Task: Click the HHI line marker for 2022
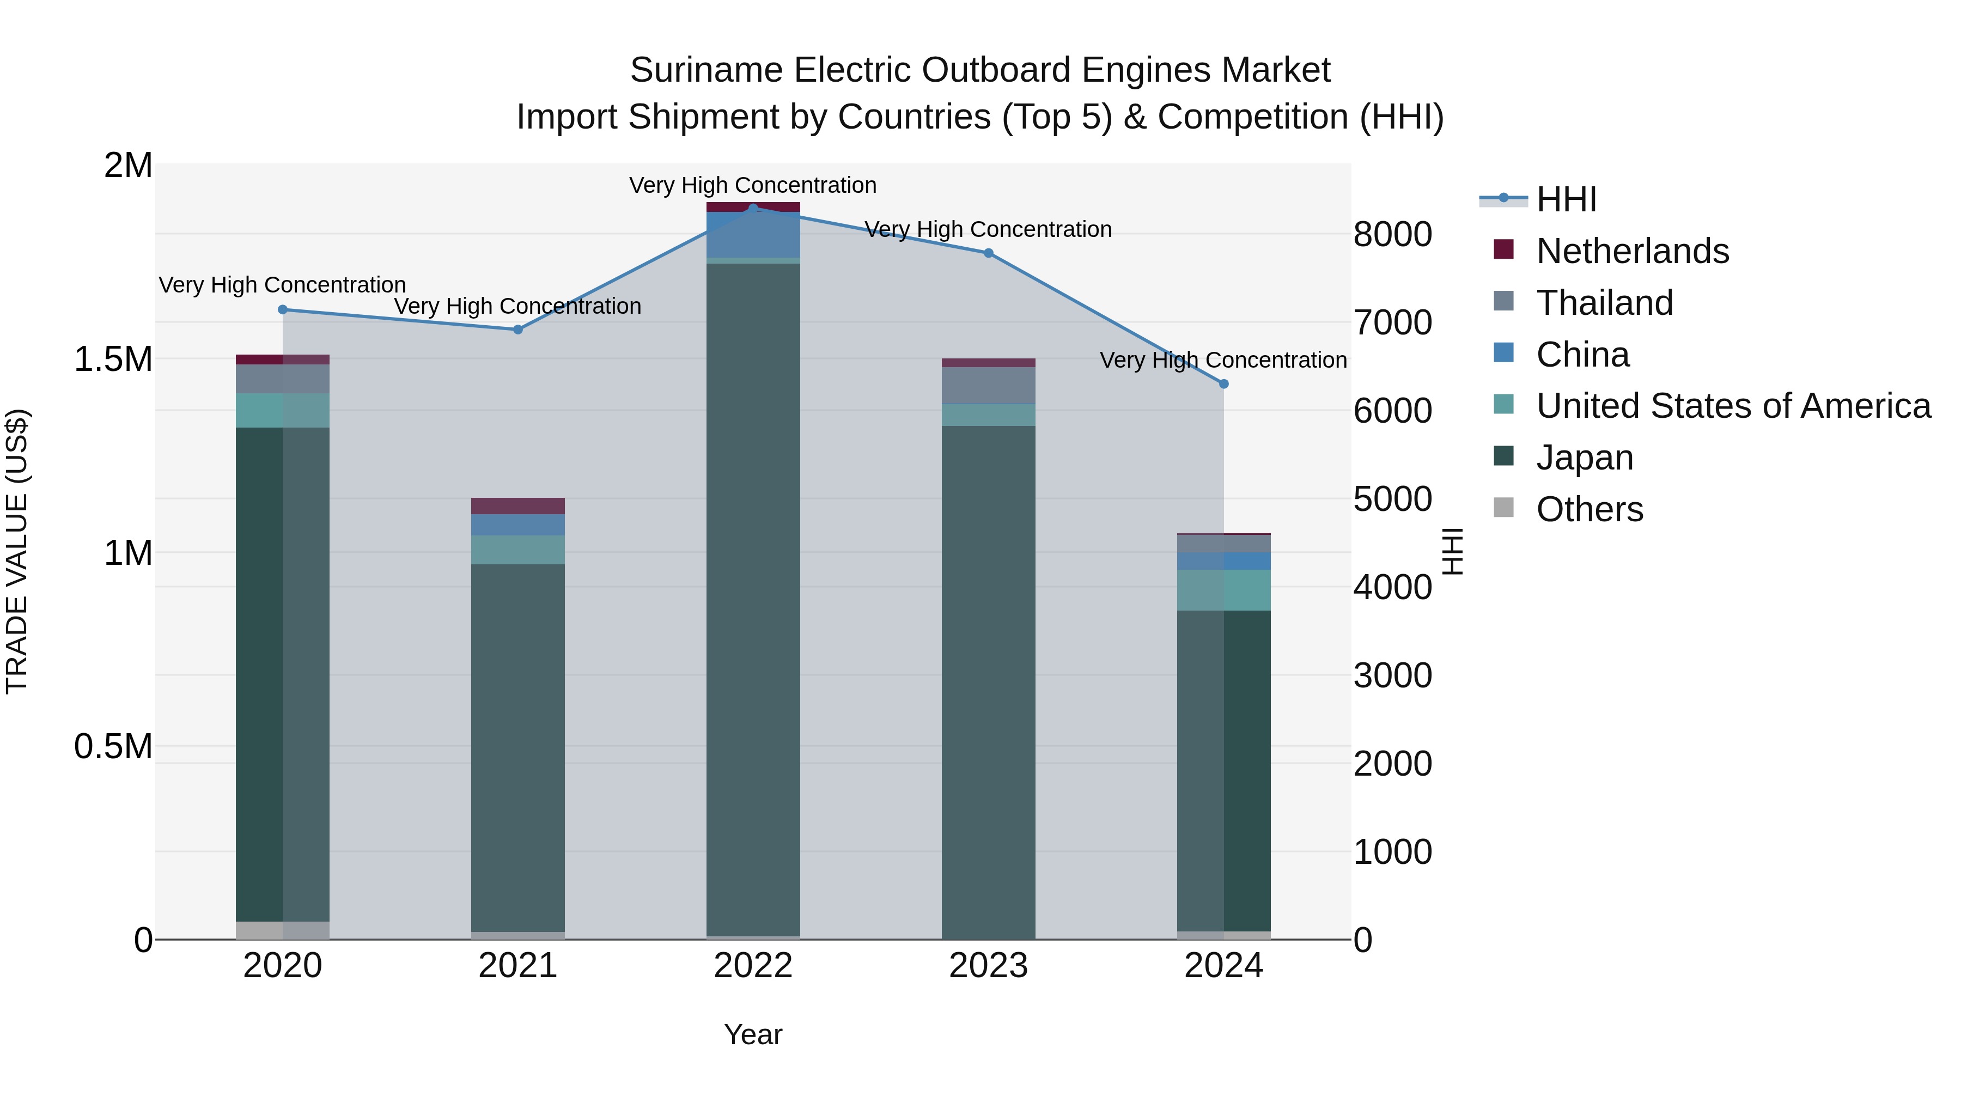[x=753, y=208]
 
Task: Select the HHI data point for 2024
[x=1223, y=383]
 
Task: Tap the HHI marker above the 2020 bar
[x=282, y=309]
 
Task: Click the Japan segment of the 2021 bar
[x=517, y=746]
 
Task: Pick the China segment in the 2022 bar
[x=753, y=234]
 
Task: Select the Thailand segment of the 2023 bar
[x=988, y=385]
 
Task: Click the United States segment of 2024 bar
[x=1223, y=589]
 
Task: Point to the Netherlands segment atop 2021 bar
[x=517, y=505]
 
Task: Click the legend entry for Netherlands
[x=1631, y=251]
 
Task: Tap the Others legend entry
[x=1589, y=509]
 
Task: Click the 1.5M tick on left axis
[x=113, y=358]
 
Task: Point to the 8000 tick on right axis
[x=1392, y=234]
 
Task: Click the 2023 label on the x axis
[x=988, y=966]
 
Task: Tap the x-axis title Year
[x=753, y=1034]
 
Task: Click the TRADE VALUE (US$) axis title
[x=17, y=551]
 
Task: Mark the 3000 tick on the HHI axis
[x=1392, y=675]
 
